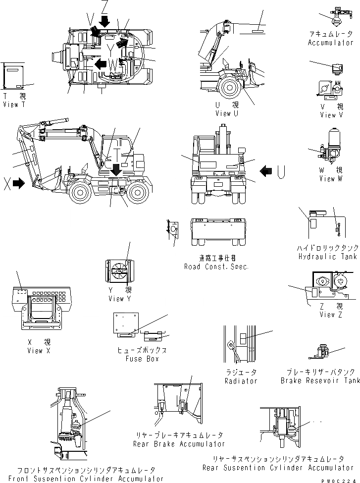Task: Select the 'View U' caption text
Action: tap(227, 113)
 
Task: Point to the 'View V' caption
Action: tap(331, 115)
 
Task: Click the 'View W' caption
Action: tap(331, 178)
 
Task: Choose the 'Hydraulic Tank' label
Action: tap(327, 257)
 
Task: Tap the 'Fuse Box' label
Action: tap(142, 359)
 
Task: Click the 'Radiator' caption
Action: tap(241, 381)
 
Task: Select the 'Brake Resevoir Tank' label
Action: tap(320, 381)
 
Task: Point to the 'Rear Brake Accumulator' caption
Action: tap(179, 444)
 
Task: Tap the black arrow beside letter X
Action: tap(19, 184)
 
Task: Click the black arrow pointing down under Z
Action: tap(104, 21)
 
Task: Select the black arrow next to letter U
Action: tap(266, 171)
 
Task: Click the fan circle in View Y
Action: tap(120, 274)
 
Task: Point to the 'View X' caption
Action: tap(39, 351)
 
